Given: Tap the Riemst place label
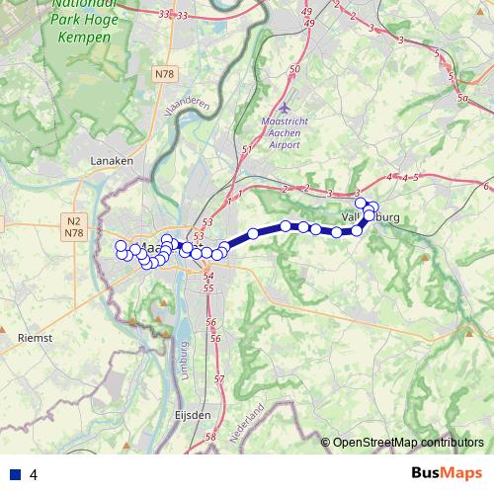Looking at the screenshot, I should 35,337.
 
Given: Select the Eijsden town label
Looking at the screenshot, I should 194,416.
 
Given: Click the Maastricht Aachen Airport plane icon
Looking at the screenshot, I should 286,107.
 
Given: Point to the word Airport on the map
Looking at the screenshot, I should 283,144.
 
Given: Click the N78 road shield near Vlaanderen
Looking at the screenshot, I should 164,73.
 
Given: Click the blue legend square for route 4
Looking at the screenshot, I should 16,474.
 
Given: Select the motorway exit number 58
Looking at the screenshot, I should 209,436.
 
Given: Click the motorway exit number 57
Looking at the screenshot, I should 218,379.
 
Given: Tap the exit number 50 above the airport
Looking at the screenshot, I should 294,69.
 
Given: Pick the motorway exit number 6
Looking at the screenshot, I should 486,186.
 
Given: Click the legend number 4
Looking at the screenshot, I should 34,475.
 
